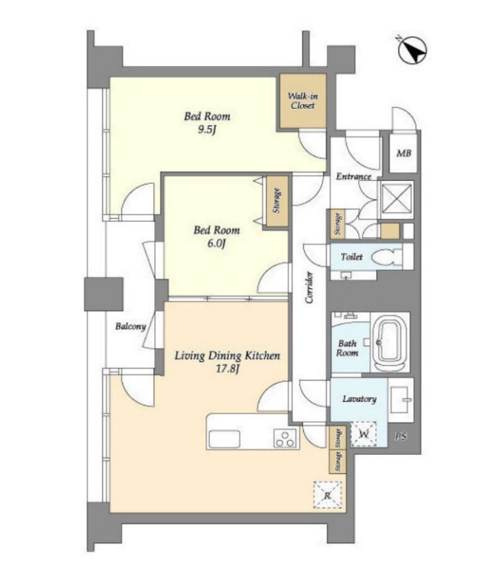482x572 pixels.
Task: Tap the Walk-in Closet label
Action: (303, 101)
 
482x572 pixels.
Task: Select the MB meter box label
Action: (403, 154)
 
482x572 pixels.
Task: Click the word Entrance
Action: (353, 177)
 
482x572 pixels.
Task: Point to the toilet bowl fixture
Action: (386, 257)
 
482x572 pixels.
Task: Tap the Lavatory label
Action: (359, 399)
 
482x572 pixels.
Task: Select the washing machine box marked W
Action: (363, 435)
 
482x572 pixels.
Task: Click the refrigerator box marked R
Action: (328, 495)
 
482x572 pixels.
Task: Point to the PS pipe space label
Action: (400, 436)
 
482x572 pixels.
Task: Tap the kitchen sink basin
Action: (224, 439)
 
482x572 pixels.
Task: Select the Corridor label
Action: (309, 287)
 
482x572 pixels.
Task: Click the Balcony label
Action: (131, 326)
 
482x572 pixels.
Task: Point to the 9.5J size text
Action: (207, 130)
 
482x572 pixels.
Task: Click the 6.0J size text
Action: (217, 243)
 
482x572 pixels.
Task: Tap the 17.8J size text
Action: (228, 369)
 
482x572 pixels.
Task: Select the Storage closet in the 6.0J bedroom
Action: (277, 201)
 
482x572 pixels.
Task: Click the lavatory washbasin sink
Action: (400, 399)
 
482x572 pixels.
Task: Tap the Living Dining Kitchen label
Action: (227, 355)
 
